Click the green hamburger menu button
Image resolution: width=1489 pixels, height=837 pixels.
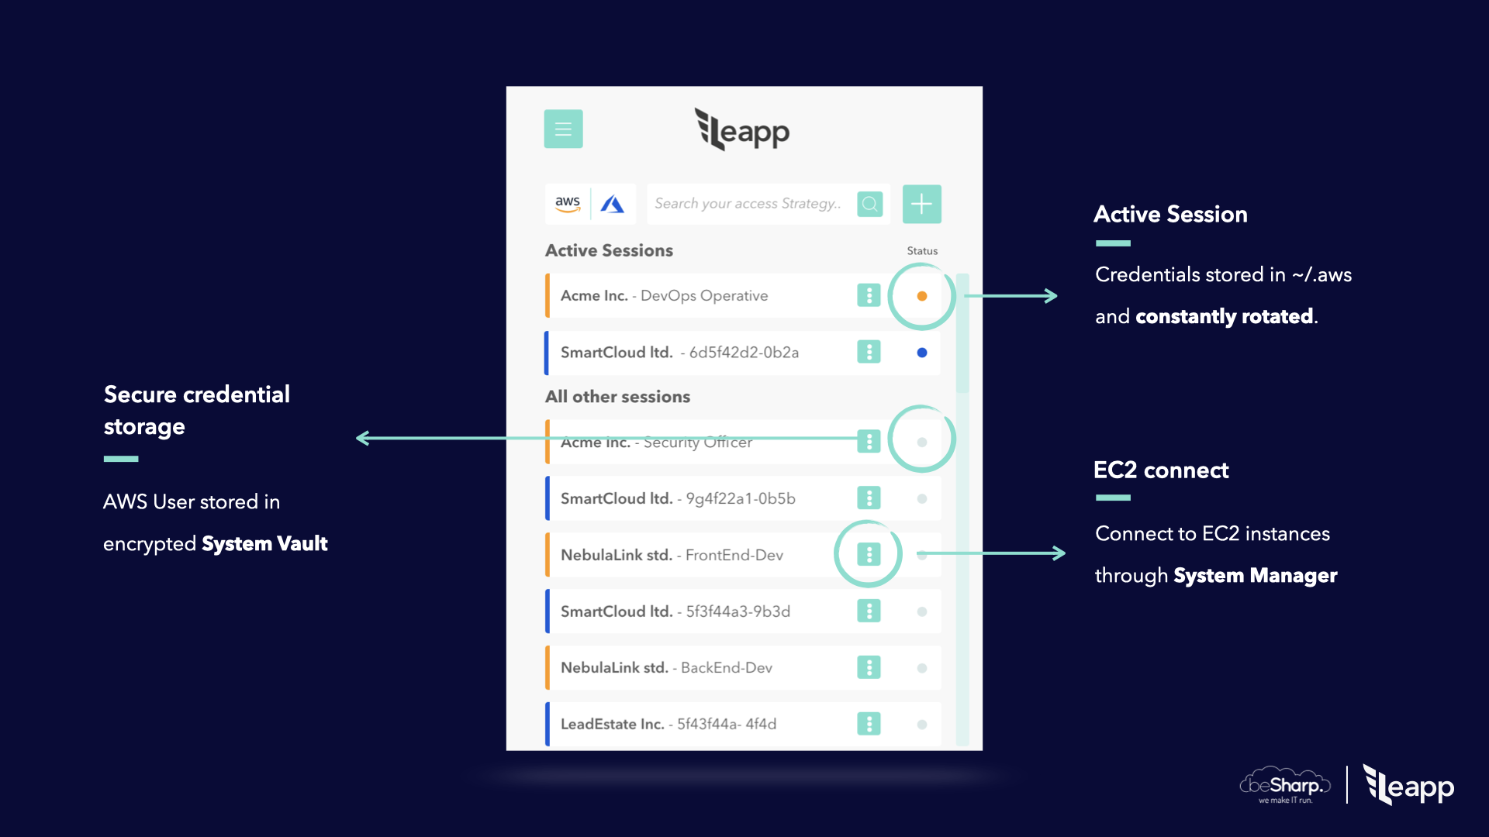click(x=563, y=129)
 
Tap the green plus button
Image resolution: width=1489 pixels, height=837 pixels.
click(x=921, y=204)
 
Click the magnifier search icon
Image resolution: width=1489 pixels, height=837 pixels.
click(x=870, y=204)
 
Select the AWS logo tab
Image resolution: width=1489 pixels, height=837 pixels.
click(x=568, y=204)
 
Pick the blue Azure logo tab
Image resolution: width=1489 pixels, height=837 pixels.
click(x=613, y=204)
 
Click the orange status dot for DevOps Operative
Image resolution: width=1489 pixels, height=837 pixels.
click(x=922, y=296)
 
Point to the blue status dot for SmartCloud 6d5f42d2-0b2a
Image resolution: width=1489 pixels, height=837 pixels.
click(x=922, y=353)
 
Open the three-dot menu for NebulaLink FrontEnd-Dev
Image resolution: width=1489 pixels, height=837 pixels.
click(x=869, y=554)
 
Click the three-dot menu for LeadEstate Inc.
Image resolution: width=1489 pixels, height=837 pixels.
click(x=869, y=724)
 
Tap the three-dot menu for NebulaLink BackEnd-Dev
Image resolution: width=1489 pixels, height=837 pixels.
click(x=869, y=667)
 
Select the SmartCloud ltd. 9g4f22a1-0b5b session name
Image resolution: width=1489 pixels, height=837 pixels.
click(x=678, y=498)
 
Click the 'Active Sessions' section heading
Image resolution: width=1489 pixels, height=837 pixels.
click(x=609, y=250)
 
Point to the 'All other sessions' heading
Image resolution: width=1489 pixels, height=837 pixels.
click(x=617, y=397)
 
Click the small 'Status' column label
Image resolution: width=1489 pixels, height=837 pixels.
click(x=922, y=251)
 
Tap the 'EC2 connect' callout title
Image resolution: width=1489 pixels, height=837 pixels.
click(x=1161, y=470)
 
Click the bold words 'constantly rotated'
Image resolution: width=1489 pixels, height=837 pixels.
click(x=1224, y=316)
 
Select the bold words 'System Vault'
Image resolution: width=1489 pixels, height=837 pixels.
click(x=264, y=543)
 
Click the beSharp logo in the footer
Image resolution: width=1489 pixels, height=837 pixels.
click(x=1286, y=786)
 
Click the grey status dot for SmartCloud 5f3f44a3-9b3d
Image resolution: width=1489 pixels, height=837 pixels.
click(x=922, y=611)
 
